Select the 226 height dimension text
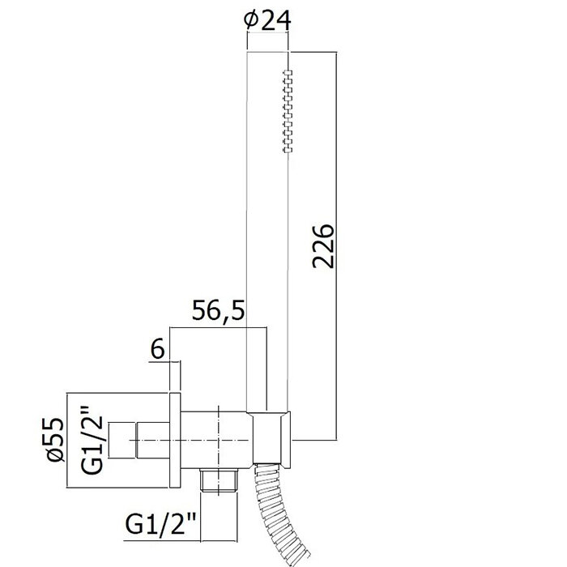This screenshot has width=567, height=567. tap(324, 246)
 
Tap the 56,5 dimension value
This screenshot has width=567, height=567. tap(218, 310)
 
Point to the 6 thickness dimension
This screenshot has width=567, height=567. tap(158, 349)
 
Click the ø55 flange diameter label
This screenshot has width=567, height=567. tap(55, 439)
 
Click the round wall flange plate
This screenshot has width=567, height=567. tap(175, 440)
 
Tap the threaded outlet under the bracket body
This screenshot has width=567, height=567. tap(220, 480)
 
